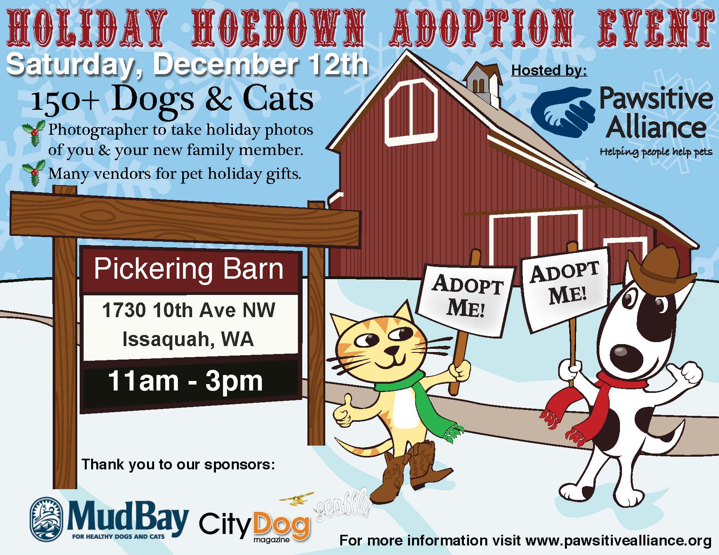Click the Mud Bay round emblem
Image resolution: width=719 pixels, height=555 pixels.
[x=47, y=518]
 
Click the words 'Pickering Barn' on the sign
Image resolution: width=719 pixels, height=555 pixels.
[x=189, y=270]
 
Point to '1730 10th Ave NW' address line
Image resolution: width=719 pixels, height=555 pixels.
[x=189, y=310]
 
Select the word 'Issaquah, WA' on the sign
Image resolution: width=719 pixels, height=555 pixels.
[x=188, y=339]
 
